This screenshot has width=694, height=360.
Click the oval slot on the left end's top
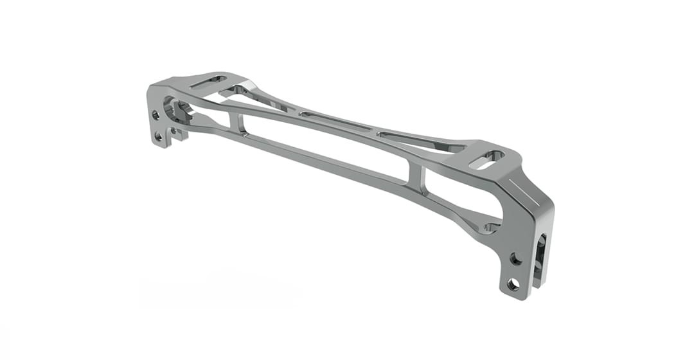209,82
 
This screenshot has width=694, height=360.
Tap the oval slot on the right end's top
487,159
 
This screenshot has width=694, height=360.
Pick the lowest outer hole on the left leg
159,136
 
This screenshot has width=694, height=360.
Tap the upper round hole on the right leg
515,258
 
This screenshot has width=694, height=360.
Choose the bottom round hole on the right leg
513,283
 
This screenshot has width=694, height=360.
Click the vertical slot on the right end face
540,257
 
